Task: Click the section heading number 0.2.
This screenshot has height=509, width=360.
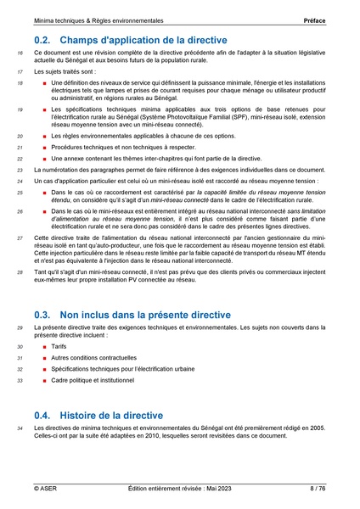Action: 43,40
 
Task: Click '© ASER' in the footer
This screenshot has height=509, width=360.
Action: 46,489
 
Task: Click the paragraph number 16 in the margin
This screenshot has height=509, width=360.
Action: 20,53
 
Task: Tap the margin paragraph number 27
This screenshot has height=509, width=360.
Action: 20,240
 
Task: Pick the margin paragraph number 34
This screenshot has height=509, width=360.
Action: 20,429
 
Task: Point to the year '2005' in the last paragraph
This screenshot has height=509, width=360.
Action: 318,429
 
